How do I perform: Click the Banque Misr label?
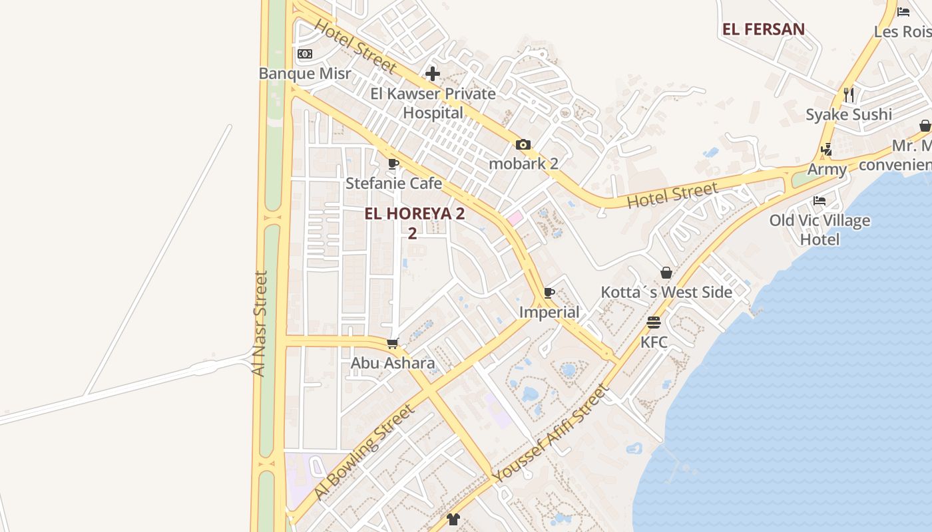[304, 73]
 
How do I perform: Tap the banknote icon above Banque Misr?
[305, 54]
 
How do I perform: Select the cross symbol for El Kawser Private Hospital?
[433, 74]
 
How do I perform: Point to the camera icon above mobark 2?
[523, 144]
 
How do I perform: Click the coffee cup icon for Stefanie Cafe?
[393, 164]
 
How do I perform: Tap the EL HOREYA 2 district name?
[414, 214]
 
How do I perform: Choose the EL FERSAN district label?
[764, 29]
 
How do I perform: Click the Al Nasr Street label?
[260, 323]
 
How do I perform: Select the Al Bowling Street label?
[364, 452]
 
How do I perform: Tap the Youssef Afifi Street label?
[551, 433]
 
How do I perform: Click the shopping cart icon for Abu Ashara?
[393, 344]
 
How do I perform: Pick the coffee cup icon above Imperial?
[549, 293]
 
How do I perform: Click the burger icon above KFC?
[654, 323]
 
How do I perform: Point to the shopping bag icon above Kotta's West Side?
[666, 273]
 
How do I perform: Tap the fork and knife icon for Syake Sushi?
[849, 95]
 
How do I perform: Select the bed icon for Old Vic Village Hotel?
[819, 201]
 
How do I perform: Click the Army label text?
[827, 170]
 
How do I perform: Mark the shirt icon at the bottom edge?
[453, 519]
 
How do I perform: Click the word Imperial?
[549, 312]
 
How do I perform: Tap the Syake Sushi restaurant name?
[849, 114]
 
